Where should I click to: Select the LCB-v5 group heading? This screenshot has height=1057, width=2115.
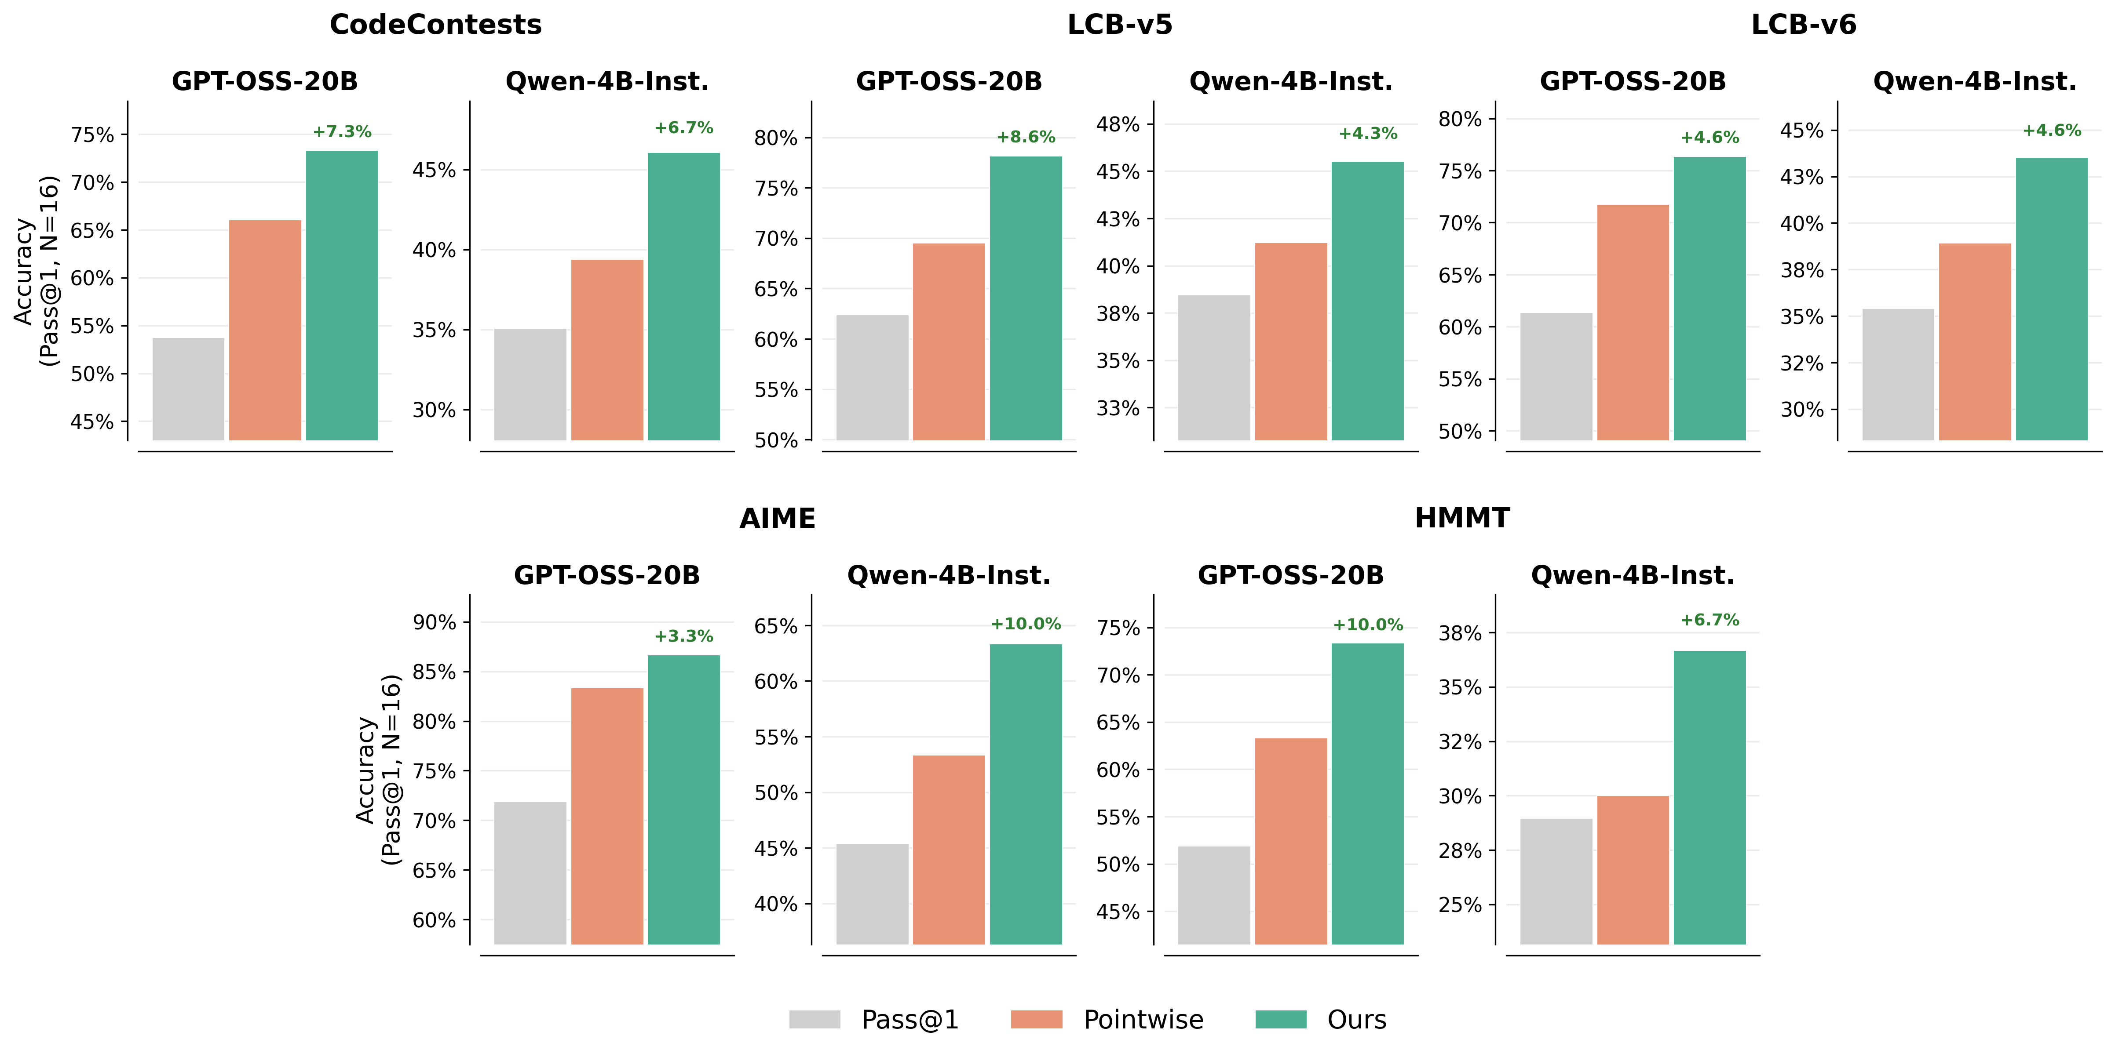1119,25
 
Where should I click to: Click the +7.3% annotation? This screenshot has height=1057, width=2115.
342,131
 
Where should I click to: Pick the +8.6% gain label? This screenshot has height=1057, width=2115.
1026,137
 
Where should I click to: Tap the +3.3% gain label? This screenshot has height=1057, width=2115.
683,636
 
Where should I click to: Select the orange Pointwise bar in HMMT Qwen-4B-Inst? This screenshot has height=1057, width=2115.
1632,870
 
